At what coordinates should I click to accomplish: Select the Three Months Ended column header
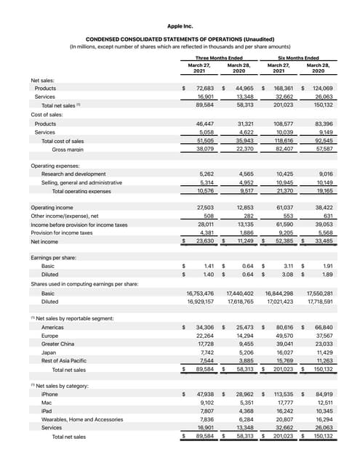pyautogui.click(x=217, y=56)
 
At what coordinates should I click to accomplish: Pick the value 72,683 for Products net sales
pyautogui.click(x=204, y=88)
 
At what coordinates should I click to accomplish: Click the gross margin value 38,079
pyautogui.click(x=204, y=148)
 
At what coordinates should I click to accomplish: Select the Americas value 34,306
pyautogui.click(x=204, y=327)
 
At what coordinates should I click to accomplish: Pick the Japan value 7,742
pyautogui.click(x=205, y=352)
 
